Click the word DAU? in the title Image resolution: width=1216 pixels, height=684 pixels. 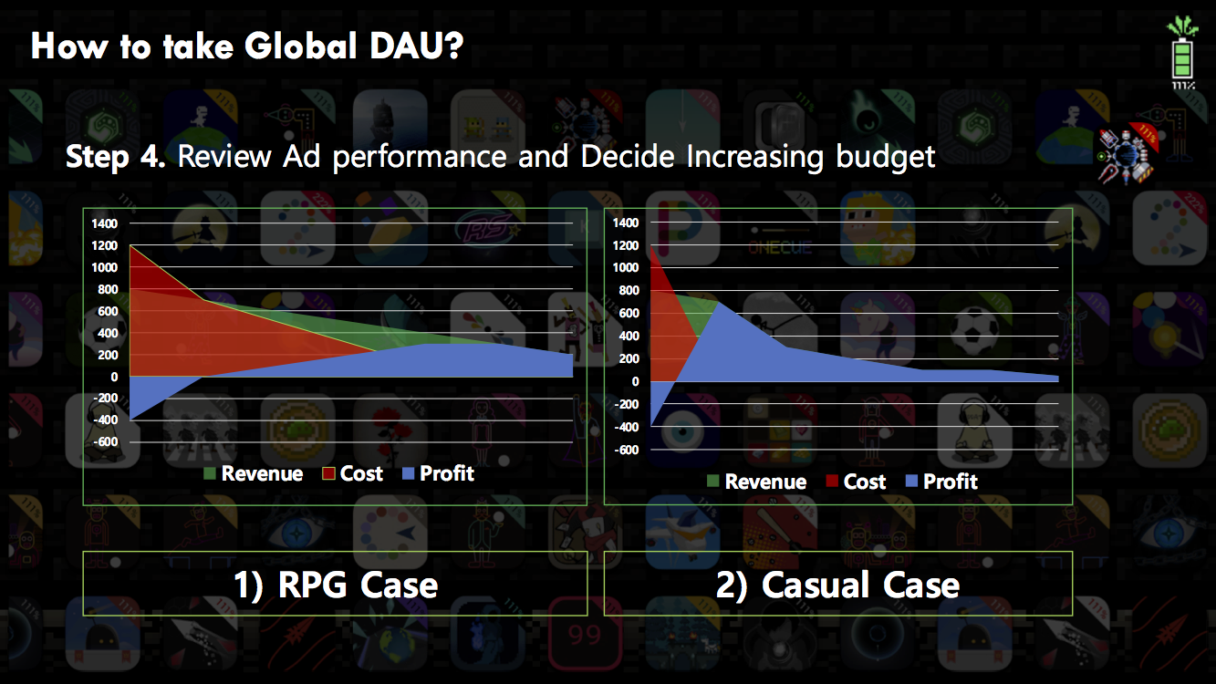pos(416,46)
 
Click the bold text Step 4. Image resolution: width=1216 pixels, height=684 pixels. pos(115,157)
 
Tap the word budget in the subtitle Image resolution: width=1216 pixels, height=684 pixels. pos(886,158)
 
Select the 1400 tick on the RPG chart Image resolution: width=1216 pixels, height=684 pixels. pos(104,223)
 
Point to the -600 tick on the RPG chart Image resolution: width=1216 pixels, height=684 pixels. pos(105,441)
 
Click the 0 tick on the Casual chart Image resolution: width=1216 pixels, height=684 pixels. pos(635,381)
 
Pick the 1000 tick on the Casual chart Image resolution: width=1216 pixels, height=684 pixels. pos(626,267)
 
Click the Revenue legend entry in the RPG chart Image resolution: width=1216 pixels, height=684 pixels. pos(253,473)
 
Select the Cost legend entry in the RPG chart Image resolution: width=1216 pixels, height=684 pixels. pos(352,473)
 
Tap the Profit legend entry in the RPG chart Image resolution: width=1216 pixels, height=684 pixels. pos(438,473)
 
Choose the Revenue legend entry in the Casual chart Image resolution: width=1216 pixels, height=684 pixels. pos(757,482)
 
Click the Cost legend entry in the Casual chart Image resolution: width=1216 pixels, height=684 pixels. pos(856,482)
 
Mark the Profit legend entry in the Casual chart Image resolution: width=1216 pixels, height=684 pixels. pos(941,481)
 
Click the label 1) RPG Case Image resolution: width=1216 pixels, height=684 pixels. pos(336,586)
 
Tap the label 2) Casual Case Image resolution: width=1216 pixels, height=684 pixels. pos(837,586)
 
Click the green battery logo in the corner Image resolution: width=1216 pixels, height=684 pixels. pos(1182,53)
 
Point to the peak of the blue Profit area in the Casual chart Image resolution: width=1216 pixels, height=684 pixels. pos(718,303)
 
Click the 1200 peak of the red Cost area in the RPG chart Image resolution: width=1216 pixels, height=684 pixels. pos(130,246)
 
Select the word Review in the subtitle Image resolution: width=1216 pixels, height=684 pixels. pos(224,156)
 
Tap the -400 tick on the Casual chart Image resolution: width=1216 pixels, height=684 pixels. pos(627,427)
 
